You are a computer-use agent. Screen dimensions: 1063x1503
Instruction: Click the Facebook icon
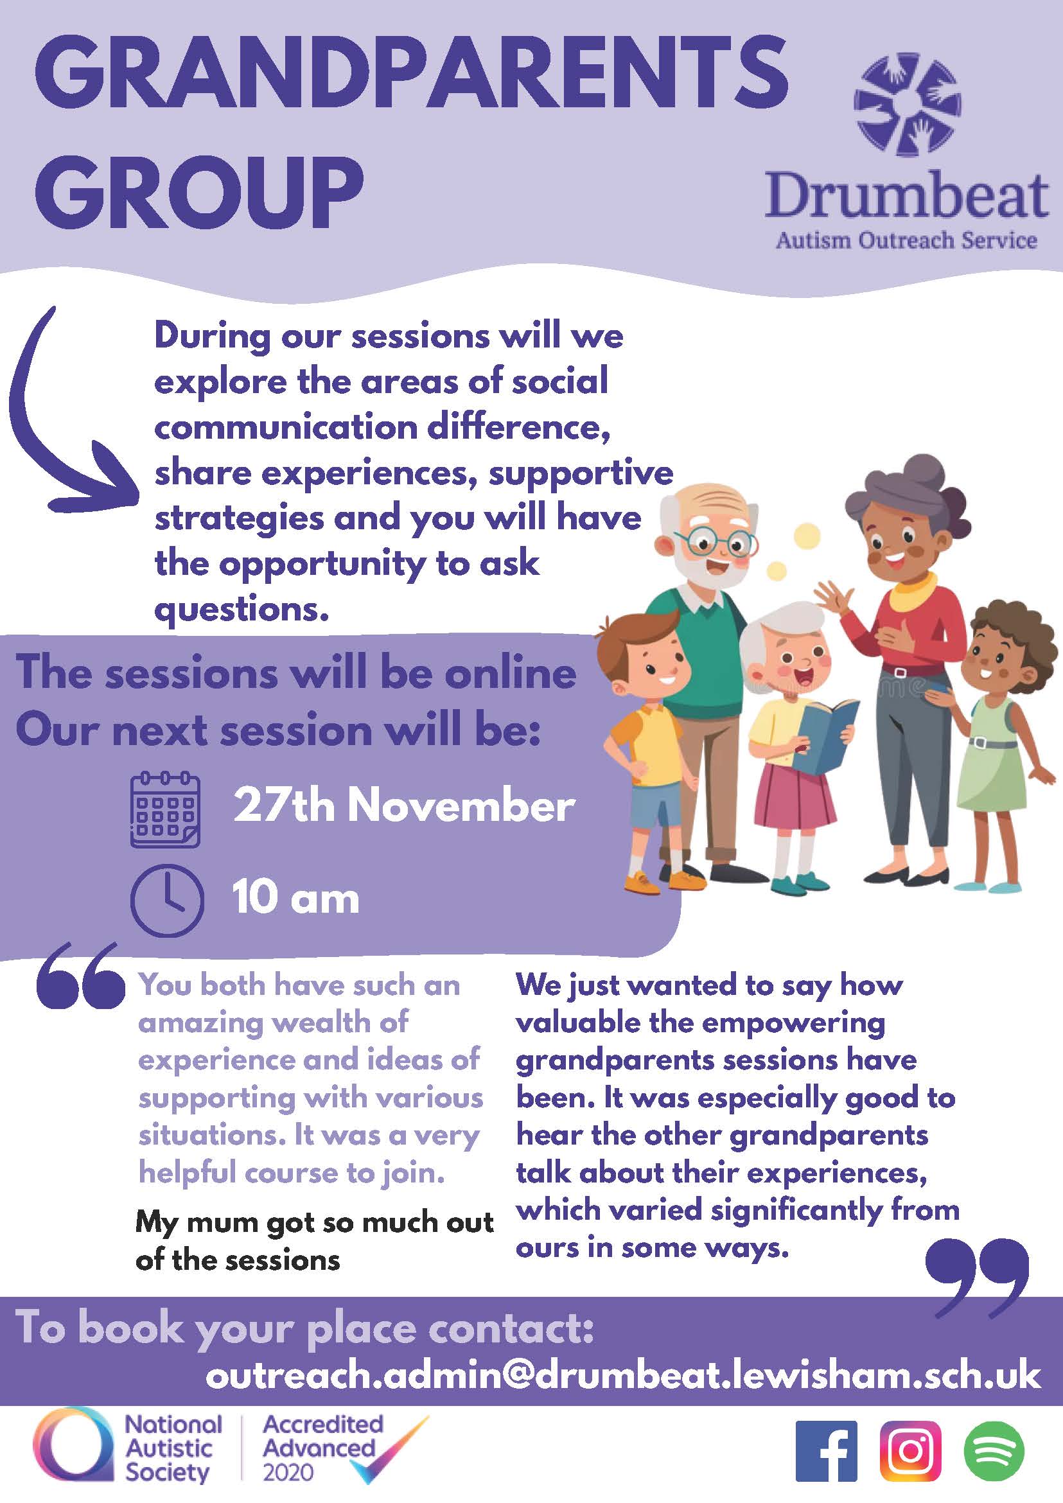coord(825,1450)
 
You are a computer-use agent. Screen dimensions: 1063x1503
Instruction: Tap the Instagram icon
coord(911,1450)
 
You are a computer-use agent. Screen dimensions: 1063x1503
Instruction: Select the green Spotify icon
coord(994,1450)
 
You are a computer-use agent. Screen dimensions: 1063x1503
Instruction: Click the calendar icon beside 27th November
coord(165,809)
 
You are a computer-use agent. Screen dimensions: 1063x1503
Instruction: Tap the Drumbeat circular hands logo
coord(907,105)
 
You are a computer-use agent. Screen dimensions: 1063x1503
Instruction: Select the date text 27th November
coord(404,805)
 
